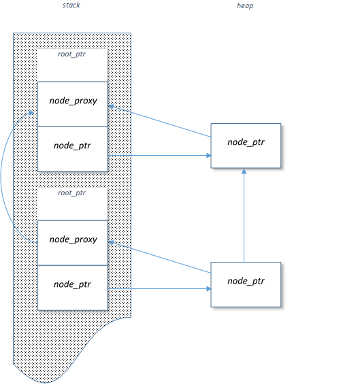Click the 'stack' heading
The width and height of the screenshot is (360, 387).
coord(71,5)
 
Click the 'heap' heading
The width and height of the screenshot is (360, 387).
coord(245,5)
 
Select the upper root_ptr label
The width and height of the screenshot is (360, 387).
coord(71,54)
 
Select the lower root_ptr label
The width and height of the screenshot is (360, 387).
coord(71,192)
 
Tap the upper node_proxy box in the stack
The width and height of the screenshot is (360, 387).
coord(73,104)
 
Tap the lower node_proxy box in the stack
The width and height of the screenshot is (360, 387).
coord(73,243)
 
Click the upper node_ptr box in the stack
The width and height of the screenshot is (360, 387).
coord(73,149)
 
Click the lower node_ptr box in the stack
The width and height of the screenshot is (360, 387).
coord(73,288)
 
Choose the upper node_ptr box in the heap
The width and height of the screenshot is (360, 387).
coord(246,146)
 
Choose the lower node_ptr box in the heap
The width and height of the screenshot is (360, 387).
coord(246,284)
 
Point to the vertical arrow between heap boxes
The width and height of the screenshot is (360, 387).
coord(244,215)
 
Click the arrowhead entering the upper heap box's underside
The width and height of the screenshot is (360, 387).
coord(244,171)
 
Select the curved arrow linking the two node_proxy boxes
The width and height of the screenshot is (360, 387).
coord(1,176)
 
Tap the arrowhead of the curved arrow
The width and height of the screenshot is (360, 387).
coord(31,113)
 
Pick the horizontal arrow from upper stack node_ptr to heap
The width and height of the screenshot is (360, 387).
coord(159,156)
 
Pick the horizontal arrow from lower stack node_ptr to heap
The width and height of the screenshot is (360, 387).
coord(159,289)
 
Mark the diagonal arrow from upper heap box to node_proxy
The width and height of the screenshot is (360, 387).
coord(160,121)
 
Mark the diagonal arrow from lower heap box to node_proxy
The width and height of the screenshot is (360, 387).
coord(160,257)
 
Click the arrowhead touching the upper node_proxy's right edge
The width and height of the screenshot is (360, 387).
coord(111,106)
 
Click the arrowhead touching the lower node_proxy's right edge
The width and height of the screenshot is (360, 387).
coord(111,242)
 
